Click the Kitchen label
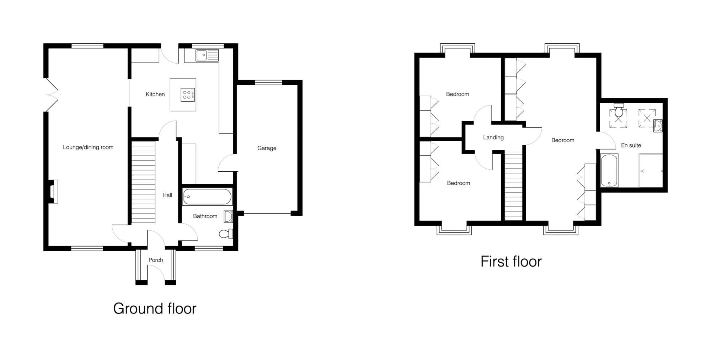[155, 94]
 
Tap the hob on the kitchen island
[188, 95]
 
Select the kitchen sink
[207, 55]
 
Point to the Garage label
[267, 148]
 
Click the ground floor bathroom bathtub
[207, 197]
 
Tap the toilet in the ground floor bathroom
[226, 233]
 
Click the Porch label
[156, 260]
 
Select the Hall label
[167, 195]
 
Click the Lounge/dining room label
[88, 147]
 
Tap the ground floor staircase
[144, 182]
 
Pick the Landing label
[493, 138]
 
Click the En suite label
[631, 145]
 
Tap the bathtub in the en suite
[609, 170]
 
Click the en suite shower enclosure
[651, 171]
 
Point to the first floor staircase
[514, 186]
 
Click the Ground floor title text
[155, 308]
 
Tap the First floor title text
[511, 262]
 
